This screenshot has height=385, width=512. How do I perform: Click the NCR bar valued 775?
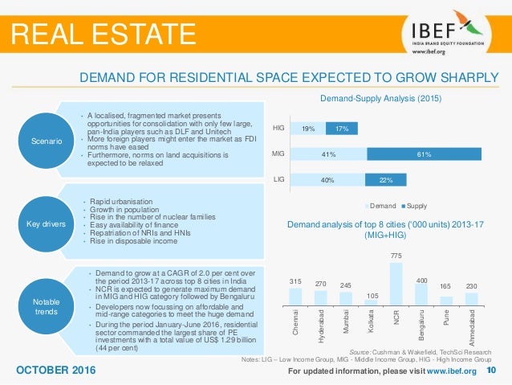(395, 282)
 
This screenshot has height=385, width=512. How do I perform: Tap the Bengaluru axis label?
(421, 326)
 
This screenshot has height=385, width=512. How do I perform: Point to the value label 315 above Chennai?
(296, 281)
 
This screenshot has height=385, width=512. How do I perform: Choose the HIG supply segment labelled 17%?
(341, 127)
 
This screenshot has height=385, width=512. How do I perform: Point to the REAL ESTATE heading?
(102, 34)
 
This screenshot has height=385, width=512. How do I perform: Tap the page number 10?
(492, 370)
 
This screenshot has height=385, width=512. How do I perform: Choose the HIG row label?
(279, 127)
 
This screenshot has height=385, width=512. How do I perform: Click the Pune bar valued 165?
(446, 301)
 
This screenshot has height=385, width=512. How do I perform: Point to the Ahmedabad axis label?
(472, 330)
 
